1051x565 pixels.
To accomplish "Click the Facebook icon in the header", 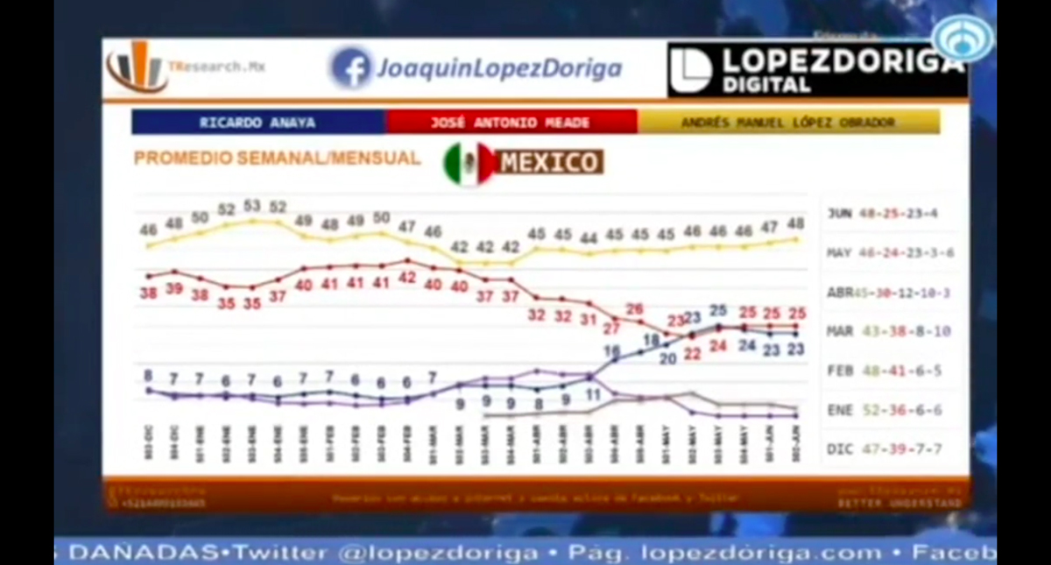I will [x=351, y=68].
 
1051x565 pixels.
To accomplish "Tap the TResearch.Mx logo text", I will [x=216, y=67].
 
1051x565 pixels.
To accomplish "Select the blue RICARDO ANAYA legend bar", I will [x=258, y=122].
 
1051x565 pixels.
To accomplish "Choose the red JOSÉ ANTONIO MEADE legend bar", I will [x=511, y=122].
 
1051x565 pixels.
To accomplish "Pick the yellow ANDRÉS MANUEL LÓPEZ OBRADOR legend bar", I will [x=788, y=122].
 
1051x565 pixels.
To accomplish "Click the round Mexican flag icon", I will [x=469, y=163].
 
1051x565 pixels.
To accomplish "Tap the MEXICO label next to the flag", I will [x=549, y=162].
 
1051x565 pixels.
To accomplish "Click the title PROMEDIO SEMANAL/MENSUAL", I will [x=277, y=159].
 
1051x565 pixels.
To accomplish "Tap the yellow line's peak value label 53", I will [x=252, y=206].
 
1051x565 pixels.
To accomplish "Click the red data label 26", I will [x=635, y=309].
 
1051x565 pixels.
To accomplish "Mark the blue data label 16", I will [x=611, y=350].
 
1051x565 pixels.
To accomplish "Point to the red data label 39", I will [x=174, y=288].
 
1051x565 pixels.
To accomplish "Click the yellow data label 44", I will [x=589, y=237].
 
